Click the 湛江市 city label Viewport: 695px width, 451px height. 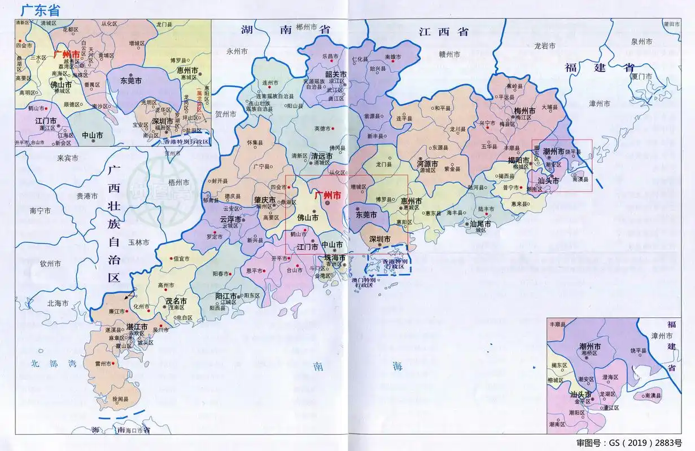click(x=137, y=326)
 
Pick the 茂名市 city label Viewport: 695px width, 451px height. click(x=176, y=301)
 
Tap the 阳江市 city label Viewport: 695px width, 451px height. click(x=226, y=295)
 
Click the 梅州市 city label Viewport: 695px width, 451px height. click(x=524, y=110)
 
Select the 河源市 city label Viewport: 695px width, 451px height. click(x=427, y=163)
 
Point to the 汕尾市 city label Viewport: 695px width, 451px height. click(x=480, y=223)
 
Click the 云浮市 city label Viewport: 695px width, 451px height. click(x=230, y=219)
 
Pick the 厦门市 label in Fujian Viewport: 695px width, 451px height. click(x=642, y=76)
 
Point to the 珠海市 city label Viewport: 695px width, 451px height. click(x=335, y=257)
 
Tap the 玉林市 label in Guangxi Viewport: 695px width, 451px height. click(x=138, y=242)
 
